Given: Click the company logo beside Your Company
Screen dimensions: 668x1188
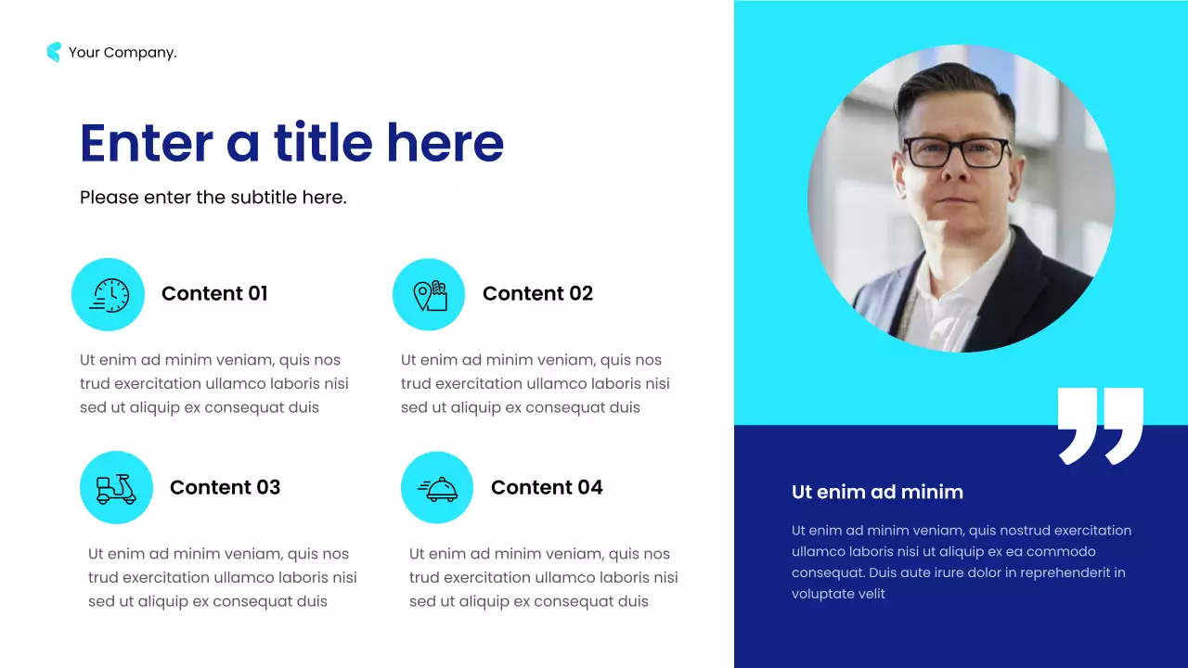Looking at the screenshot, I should point(54,52).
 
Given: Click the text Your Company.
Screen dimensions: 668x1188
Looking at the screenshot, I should point(123,53).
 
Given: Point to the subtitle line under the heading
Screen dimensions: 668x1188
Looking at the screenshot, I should point(213,197).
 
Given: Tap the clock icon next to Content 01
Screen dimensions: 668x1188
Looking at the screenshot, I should point(109,295).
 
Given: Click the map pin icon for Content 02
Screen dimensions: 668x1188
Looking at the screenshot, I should point(429,295).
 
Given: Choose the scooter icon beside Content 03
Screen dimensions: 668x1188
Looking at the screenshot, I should point(116,488).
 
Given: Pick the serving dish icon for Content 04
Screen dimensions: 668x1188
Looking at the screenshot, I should point(437,488).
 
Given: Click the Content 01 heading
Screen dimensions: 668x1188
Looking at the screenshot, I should point(214,294).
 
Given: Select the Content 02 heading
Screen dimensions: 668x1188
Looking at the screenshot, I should point(537,294).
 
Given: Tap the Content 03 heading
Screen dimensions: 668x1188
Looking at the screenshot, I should point(225,488).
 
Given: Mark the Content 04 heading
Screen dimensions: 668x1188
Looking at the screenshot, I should point(547,488).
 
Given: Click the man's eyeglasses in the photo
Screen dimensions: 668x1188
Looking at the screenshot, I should point(956,152).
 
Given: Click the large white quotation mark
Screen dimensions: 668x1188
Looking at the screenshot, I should point(1100,425).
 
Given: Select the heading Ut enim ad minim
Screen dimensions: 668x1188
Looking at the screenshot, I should point(877,493).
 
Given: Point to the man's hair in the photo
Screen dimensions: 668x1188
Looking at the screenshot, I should point(947,88).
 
